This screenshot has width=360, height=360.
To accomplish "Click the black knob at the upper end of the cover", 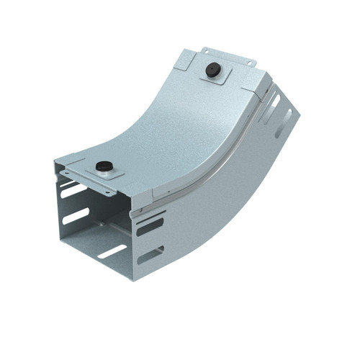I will (x=212, y=70).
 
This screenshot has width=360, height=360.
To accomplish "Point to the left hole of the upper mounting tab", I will (x=206, y=52).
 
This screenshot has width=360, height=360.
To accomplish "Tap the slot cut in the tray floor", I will (x=112, y=251).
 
